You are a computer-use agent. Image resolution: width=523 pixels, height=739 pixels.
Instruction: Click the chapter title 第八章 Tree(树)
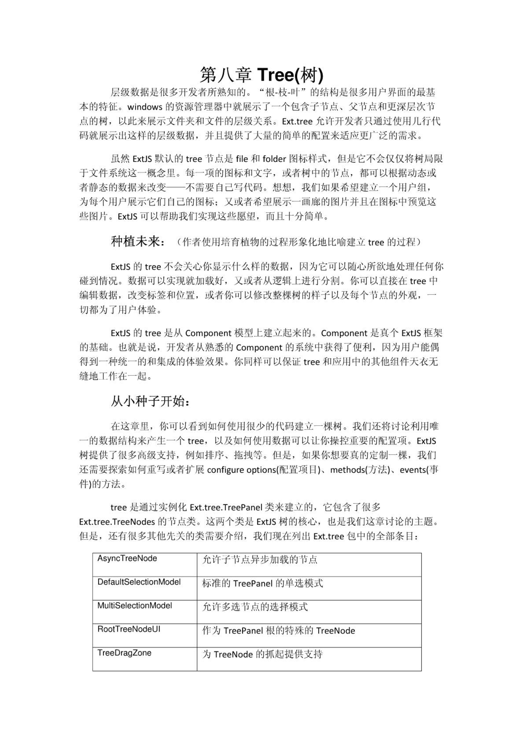point(261,75)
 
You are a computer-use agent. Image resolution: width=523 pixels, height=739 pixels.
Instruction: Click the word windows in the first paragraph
point(145,107)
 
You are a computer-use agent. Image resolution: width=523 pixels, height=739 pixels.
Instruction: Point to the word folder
point(274,159)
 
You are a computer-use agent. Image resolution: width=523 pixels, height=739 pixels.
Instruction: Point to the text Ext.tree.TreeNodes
point(117,522)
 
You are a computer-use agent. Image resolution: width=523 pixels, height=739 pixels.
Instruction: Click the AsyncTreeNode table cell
point(127,559)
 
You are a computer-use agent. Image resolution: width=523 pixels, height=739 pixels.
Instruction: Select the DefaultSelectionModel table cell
point(139,582)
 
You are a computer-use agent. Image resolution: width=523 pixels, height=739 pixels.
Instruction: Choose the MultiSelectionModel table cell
point(135,605)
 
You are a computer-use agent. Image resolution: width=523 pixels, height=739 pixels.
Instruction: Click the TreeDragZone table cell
point(124,653)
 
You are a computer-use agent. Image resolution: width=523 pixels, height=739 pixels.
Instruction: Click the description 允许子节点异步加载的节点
point(260,560)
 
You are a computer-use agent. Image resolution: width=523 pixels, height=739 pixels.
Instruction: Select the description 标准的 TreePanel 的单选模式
point(262,583)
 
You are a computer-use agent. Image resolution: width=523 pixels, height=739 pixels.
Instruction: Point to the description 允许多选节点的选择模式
point(255,607)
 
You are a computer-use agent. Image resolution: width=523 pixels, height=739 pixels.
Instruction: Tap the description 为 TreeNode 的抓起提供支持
point(262,654)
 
